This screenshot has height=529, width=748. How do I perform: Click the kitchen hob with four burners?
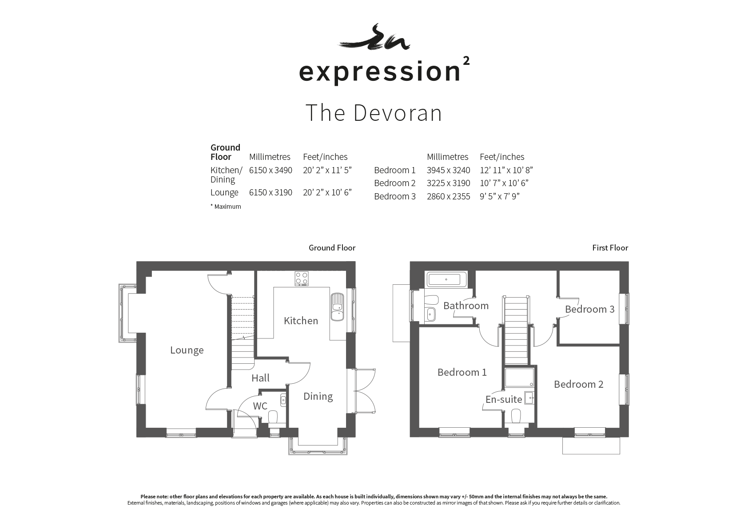(302, 278)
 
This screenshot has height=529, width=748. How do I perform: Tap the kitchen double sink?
(337, 306)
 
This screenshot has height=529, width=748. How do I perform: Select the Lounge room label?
(187, 350)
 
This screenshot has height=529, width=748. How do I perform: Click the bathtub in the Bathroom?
(446, 280)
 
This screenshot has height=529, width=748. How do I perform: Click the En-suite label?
(503, 399)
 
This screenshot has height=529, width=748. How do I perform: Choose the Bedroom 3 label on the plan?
(589, 309)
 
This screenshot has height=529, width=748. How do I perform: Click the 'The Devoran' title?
(374, 113)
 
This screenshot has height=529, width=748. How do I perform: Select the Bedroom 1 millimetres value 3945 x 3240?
(448, 170)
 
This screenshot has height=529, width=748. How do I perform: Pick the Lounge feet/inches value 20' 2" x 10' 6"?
(327, 192)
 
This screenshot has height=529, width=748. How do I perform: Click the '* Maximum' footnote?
(226, 207)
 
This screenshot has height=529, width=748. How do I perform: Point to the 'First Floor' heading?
(610, 248)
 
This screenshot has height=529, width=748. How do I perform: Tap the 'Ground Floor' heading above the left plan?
(332, 248)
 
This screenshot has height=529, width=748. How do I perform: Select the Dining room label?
(318, 396)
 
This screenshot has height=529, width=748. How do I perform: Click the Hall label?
(260, 378)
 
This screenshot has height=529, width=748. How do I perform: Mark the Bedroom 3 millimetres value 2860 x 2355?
(448, 196)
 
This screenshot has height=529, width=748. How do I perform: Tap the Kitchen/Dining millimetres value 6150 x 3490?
(271, 170)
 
